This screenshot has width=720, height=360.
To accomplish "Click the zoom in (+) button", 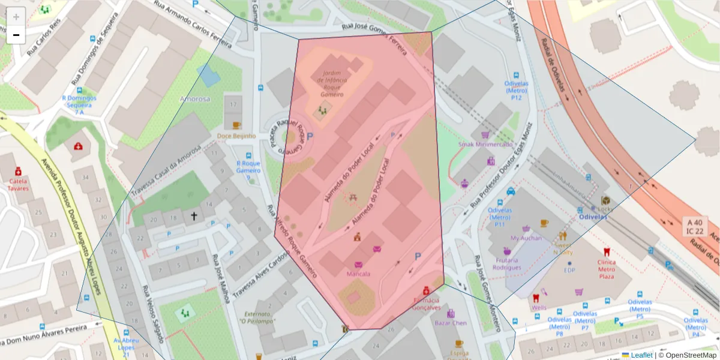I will pos(16,17).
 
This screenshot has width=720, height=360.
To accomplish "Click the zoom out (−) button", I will pos(16,35).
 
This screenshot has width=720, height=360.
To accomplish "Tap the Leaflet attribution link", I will pos(640,355).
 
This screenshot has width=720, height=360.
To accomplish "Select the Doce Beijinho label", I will pos(236,136).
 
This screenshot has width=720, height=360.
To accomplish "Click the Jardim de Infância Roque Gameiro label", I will pos(332,84).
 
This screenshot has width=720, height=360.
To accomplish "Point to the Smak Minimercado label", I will pos(485,145).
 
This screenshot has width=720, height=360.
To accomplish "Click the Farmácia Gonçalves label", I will pos(426,304).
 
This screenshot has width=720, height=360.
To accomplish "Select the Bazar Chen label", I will pos(451,323).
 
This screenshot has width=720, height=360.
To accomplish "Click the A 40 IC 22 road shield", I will pos(695,226).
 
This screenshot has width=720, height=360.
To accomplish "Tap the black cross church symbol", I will pos(194,215).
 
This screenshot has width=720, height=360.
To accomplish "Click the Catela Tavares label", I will pos(18,184).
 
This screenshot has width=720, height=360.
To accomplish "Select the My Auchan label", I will pos(526,238).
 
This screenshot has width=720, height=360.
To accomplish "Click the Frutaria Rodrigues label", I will pos(508,264).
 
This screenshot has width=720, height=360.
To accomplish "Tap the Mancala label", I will pos(358,274).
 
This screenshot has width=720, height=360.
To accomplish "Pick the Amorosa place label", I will pos(195,99).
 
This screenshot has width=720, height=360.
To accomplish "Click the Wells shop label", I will pos(538,308).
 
